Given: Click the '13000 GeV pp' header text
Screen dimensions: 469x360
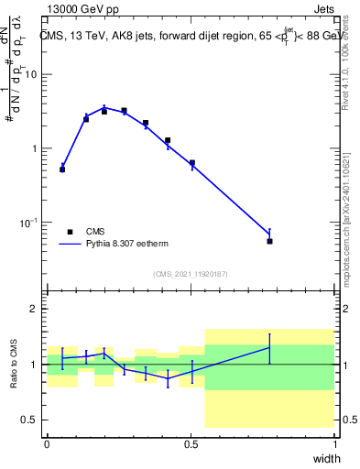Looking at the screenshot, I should click(79, 10).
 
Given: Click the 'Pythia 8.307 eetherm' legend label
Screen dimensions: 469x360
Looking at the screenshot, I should click(130, 245).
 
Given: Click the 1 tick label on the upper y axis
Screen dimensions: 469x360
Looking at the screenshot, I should click(35, 148).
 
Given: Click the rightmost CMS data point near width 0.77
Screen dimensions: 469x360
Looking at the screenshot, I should click(269, 241).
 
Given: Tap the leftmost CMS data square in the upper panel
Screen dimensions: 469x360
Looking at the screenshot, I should click(62, 169).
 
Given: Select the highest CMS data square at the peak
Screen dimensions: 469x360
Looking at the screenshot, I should click(124, 111).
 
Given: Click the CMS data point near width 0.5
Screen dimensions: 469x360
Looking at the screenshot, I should click(191, 163).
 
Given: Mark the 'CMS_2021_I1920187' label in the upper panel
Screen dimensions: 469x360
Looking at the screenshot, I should click(190, 273).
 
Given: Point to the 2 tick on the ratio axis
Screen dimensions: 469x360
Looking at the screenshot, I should click(35, 309).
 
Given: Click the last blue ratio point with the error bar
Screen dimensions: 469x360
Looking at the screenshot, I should click(269, 347).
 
